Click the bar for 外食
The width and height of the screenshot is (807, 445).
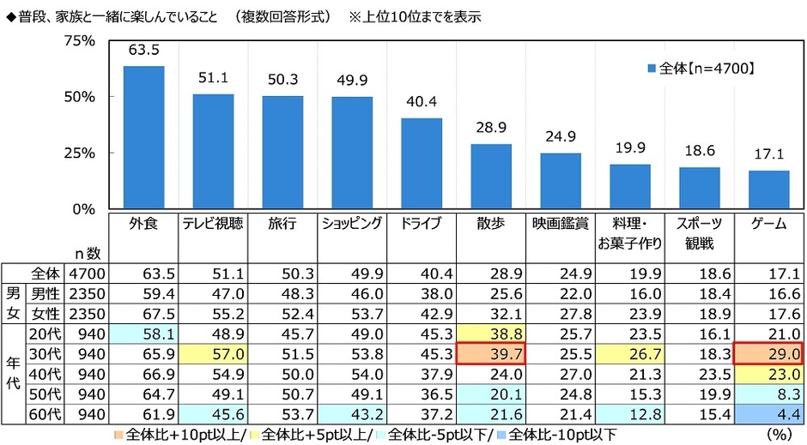coord(143,137)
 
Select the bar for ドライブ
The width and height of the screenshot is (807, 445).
coord(422,163)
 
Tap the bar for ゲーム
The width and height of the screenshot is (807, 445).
coord(768,189)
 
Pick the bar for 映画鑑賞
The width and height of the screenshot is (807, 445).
coord(561,181)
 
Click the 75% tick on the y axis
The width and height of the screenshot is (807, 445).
coord(80,41)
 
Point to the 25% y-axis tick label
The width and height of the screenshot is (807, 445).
coord(80,153)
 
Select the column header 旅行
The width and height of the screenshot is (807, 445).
coord(282,224)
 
